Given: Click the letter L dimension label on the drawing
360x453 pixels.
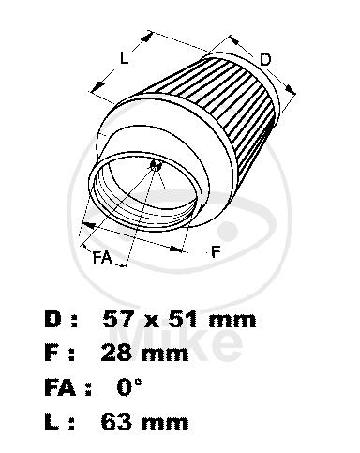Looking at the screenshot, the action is [x=125, y=58].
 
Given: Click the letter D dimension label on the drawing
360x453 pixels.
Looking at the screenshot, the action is [x=265, y=59].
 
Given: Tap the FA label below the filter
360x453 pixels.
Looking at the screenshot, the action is [x=102, y=257].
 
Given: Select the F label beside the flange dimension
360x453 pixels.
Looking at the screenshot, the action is [x=216, y=251].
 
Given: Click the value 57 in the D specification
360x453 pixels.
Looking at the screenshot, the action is [x=117, y=319].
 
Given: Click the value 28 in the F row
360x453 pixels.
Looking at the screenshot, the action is [x=115, y=353].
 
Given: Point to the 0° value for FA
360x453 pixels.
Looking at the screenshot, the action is [x=129, y=386].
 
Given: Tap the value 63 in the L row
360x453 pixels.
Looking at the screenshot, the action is [x=115, y=421].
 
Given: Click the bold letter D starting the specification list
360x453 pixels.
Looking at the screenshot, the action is [x=52, y=319].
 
